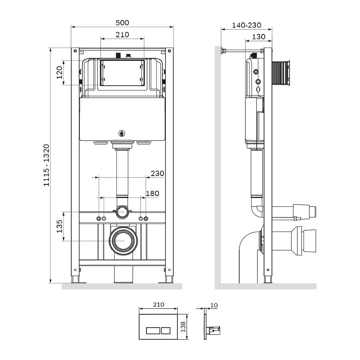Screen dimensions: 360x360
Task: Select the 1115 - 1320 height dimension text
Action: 46,165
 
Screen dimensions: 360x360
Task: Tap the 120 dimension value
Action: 59,72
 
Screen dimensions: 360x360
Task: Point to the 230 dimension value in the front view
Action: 157,173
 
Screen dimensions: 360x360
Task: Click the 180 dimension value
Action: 152,194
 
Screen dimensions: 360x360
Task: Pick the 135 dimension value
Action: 59,226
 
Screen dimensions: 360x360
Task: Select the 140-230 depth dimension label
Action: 246,25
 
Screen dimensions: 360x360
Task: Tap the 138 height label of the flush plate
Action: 183,327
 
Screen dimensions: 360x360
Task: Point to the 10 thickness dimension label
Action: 214,305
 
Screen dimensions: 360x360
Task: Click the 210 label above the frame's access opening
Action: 122,35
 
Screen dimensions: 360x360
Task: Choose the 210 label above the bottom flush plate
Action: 158,304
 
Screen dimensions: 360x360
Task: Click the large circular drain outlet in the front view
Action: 122,241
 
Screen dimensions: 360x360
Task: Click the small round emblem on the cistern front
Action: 122,134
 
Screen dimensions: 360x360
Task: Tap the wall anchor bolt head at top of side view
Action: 222,50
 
